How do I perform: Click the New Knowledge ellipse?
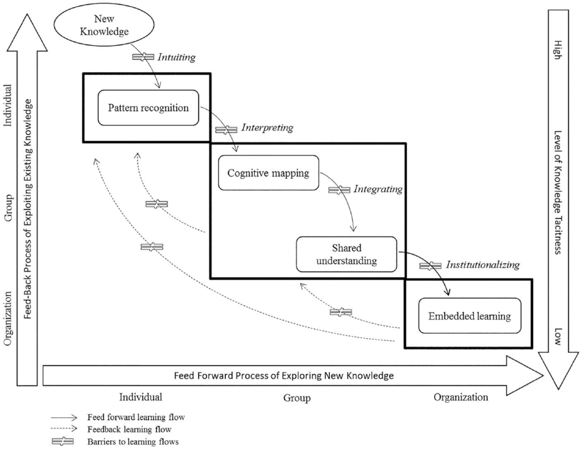coord(104,25)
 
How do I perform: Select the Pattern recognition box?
coord(148,107)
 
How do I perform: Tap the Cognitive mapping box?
coord(268,173)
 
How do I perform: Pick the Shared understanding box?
coord(346,254)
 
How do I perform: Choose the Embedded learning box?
coord(470,316)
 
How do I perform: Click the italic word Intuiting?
coord(177,57)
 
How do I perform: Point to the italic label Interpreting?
coord(267,128)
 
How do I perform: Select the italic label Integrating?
coord(378,189)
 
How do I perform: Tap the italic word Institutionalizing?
coord(483,265)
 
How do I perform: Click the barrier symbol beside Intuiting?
coord(143,57)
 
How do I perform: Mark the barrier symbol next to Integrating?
coord(339,190)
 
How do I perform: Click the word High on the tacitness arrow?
coord(558,50)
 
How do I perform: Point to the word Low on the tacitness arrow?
coord(558,336)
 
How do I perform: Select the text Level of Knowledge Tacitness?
coord(558,192)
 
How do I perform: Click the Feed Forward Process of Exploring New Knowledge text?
coord(284,376)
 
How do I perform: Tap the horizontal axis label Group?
coord(297,398)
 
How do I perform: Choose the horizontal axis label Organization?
coord(460,397)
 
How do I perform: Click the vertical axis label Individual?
coord(8,105)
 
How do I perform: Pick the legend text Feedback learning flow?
coord(129,429)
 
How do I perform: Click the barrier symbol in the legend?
coord(62,442)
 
